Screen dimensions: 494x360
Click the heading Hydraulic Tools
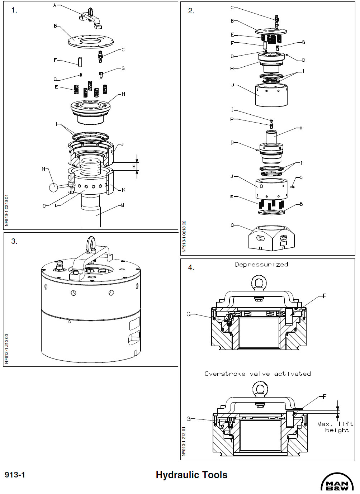(x=191, y=475)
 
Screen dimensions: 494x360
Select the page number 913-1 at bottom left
(x=15, y=475)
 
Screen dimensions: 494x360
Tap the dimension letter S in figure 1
(x=134, y=167)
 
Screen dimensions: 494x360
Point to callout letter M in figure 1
(x=123, y=205)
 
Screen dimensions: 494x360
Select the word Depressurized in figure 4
(x=261, y=265)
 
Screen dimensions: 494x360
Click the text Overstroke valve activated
(x=257, y=374)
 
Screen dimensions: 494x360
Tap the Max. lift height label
(x=336, y=427)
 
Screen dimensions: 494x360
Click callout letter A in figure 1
(x=55, y=5)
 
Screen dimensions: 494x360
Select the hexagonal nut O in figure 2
(x=271, y=238)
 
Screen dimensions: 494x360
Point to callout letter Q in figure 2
(x=301, y=177)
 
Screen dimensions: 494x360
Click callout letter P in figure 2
(x=232, y=119)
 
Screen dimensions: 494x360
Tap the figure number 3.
(x=14, y=241)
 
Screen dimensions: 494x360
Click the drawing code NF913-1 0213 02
(x=184, y=236)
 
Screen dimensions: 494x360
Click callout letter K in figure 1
(x=123, y=190)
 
